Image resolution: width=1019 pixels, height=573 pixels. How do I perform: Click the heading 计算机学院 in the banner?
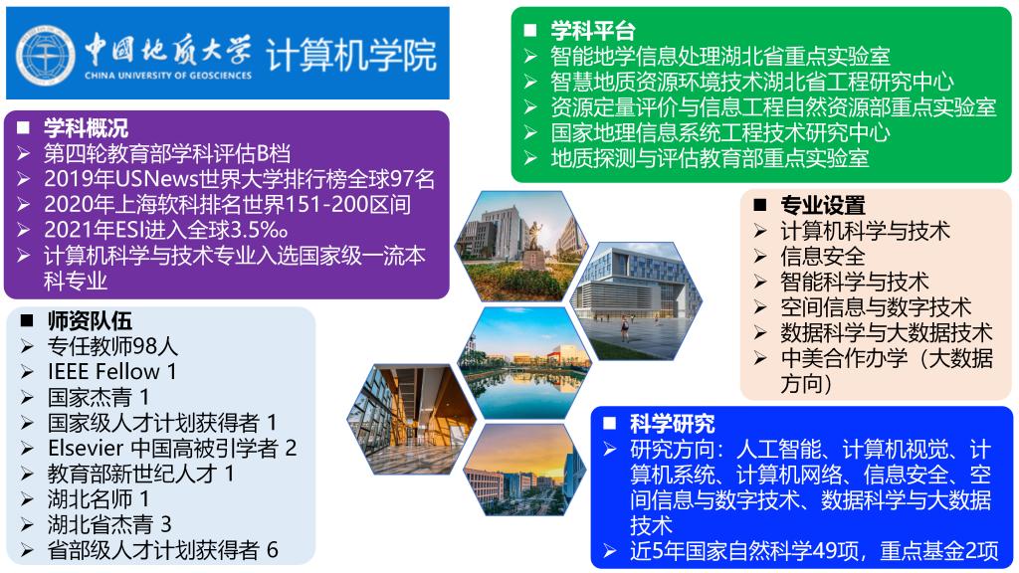[x=351, y=55]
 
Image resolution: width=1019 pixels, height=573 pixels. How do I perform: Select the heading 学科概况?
[x=86, y=128]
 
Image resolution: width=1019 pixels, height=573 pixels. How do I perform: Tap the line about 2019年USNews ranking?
[x=240, y=179]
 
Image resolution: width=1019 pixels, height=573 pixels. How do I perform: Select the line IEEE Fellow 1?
[x=111, y=372]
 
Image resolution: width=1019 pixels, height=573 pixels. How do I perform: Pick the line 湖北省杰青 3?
[x=109, y=524]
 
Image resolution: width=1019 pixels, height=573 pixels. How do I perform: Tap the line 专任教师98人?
[x=112, y=347]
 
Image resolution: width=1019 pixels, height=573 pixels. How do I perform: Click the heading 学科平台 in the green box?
[x=593, y=31]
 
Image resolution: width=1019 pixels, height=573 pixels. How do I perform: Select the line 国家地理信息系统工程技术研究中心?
[x=719, y=132]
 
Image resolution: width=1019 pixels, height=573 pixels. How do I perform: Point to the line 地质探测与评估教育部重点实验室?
[x=710, y=158]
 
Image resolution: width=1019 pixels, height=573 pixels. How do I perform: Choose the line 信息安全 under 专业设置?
[x=823, y=256]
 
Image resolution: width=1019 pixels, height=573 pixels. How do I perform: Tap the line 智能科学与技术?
[x=854, y=282]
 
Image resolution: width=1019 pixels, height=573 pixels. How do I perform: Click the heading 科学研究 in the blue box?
[x=673, y=423]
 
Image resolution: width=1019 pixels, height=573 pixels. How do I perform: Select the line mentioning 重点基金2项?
[x=813, y=552]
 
